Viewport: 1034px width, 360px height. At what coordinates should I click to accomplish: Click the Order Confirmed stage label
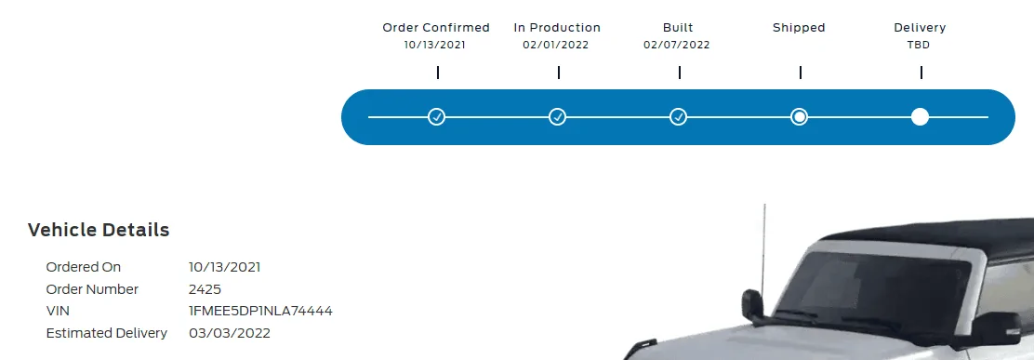click(x=436, y=28)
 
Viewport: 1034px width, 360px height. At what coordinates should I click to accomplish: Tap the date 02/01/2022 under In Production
click(x=556, y=46)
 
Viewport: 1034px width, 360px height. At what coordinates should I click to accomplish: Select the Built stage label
click(x=678, y=28)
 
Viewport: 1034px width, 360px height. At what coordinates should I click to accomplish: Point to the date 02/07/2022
click(x=677, y=46)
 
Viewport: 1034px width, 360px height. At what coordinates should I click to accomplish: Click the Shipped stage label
click(x=799, y=28)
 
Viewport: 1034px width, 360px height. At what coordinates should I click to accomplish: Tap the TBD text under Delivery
click(x=920, y=46)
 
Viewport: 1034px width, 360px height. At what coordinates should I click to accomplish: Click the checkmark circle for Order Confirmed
click(x=436, y=116)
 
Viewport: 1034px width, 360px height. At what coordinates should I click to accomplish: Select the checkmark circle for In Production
click(x=557, y=116)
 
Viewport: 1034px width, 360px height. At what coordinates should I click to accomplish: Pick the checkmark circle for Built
click(x=678, y=116)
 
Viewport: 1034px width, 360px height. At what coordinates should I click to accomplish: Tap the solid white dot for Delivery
click(x=920, y=116)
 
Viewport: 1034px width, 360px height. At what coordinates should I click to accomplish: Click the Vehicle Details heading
click(x=99, y=230)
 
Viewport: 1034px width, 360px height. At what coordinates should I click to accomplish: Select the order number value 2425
click(x=205, y=289)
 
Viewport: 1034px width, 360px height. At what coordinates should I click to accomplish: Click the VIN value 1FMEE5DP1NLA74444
click(x=260, y=312)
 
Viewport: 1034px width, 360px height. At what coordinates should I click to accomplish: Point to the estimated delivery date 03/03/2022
click(x=230, y=333)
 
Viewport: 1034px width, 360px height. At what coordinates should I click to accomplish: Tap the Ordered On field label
click(x=84, y=267)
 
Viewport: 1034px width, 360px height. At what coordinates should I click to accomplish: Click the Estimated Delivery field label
click(x=107, y=333)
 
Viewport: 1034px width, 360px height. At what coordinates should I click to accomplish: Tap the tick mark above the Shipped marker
click(x=800, y=73)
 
